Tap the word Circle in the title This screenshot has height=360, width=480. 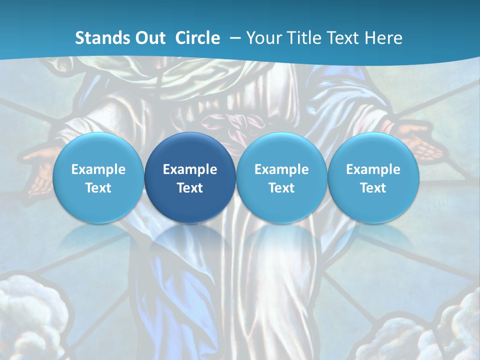(197, 38)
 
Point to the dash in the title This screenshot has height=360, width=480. (235, 38)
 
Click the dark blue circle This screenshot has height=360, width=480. (190, 178)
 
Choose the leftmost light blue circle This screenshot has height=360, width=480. (98, 178)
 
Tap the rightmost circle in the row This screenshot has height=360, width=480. (373, 178)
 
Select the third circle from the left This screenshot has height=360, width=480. (281, 178)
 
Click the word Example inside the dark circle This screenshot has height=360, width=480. (190, 169)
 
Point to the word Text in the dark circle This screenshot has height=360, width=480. (190, 188)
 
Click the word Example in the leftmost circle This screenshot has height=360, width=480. (98, 169)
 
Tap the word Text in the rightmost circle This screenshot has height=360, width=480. (373, 188)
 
